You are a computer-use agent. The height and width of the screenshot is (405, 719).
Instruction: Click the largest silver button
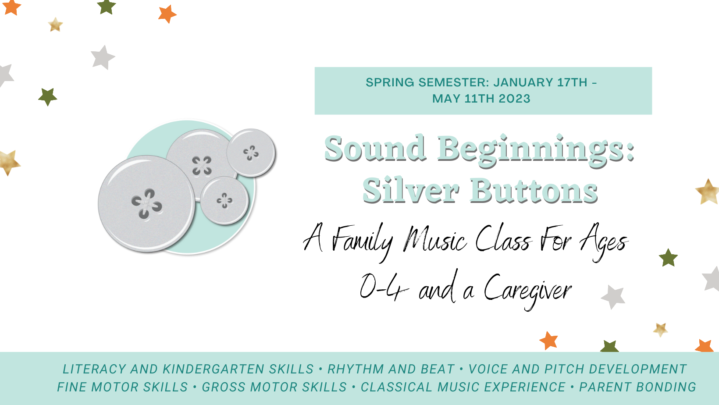click(146, 204)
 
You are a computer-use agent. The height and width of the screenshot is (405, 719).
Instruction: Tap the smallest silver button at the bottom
click(224, 200)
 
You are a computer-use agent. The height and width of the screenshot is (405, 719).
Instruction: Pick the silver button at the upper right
click(251, 153)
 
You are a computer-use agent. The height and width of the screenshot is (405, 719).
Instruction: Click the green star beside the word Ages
click(668, 258)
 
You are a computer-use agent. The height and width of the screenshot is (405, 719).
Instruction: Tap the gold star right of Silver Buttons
click(708, 192)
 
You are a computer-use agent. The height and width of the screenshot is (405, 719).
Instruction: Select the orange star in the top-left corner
click(11, 7)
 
